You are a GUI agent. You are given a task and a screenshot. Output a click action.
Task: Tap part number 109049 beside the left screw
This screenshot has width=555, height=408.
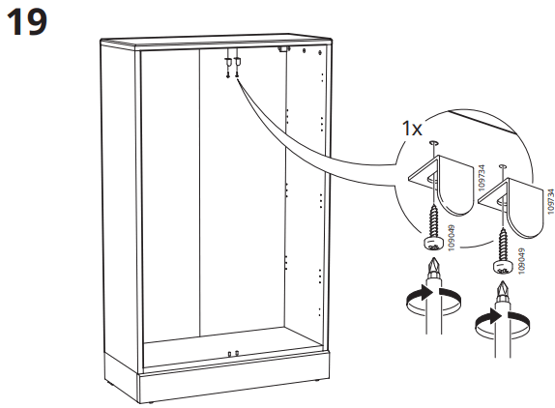(451, 238)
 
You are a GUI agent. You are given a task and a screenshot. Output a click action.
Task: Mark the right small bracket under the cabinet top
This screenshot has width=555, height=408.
(236, 63)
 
